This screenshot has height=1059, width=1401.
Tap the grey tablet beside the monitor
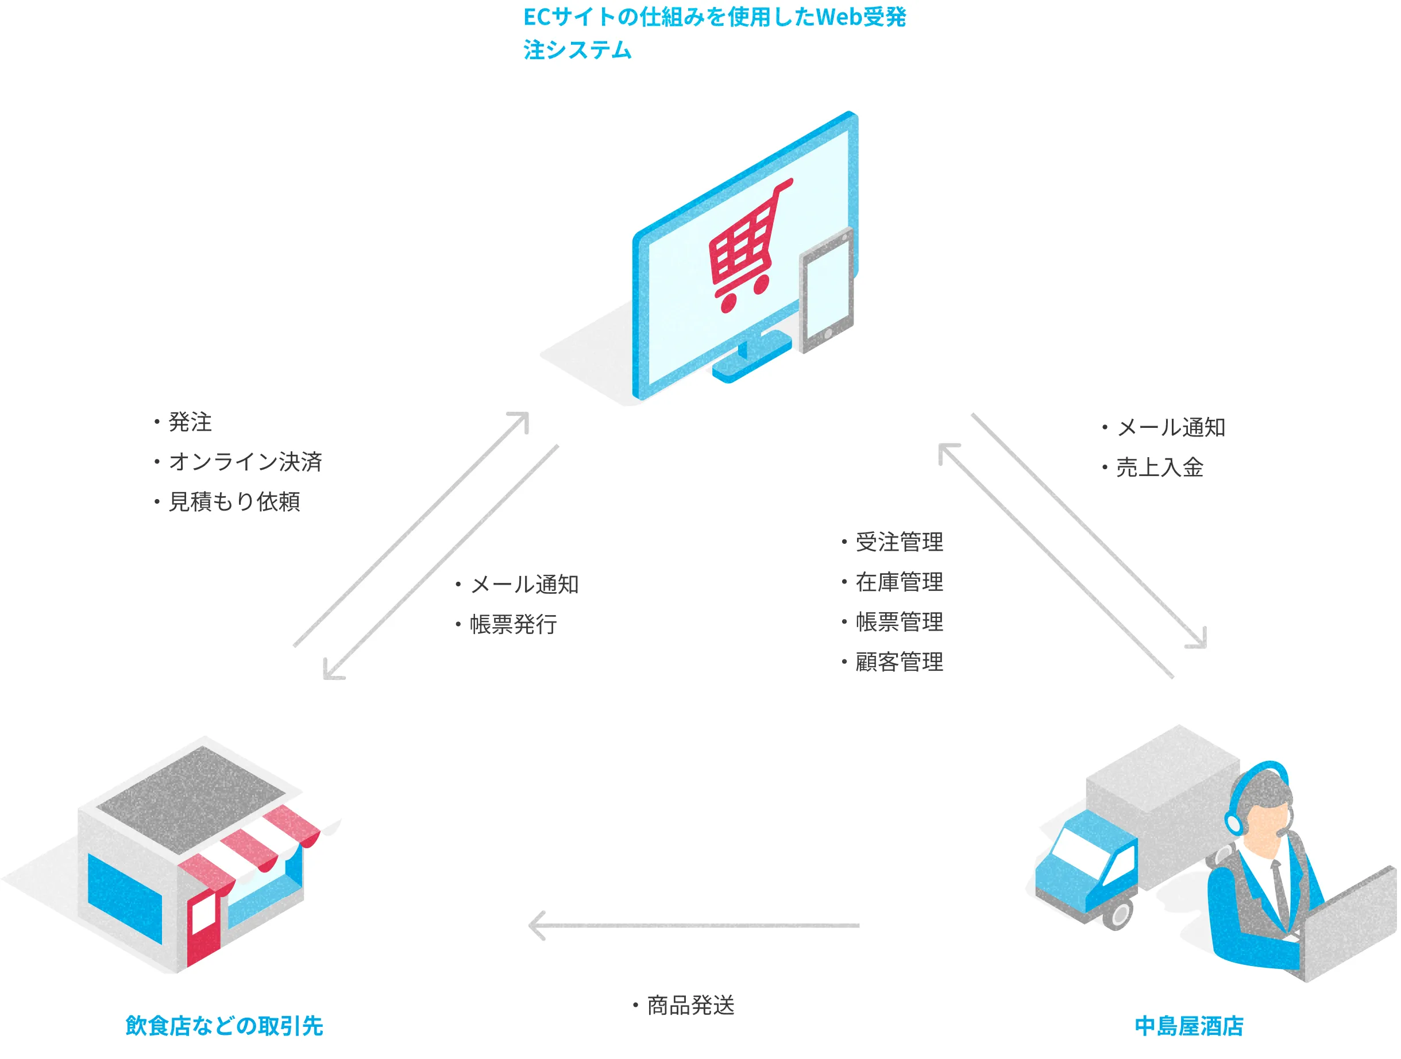pos(826,291)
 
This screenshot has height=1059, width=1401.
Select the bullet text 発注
pos(190,423)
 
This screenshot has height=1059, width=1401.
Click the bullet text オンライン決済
pos(245,462)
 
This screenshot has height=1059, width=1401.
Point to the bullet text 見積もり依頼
pos(234,501)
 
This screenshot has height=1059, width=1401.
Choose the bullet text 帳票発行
pos(513,624)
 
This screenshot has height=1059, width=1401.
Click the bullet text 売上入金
pos(1159,467)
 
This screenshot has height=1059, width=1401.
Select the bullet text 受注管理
pos(899,542)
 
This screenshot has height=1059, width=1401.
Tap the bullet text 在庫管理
pos(899,582)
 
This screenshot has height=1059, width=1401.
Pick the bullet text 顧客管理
pos(899,662)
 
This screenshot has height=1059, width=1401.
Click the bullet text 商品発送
pos(690,1005)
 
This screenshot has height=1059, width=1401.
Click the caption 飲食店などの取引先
pos(224,1026)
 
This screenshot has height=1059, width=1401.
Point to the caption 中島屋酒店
pos(1189,1026)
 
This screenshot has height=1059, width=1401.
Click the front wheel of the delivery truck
pos(1118,915)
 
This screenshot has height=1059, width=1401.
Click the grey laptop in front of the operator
pos(1349,925)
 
